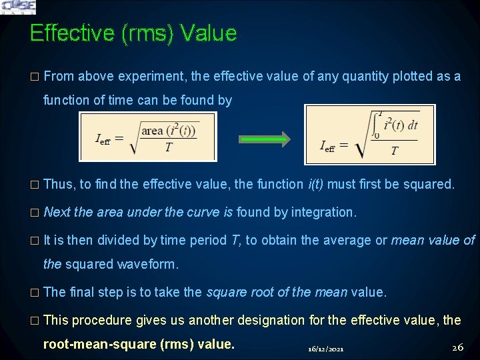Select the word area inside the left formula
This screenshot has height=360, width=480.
(x=153, y=131)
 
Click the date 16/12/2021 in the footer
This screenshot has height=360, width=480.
(x=326, y=349)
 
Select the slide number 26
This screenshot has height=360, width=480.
(x=457, y=347)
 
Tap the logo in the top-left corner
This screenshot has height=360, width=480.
(x=18, y=7)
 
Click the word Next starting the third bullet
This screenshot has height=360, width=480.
(x=57, y=212)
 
